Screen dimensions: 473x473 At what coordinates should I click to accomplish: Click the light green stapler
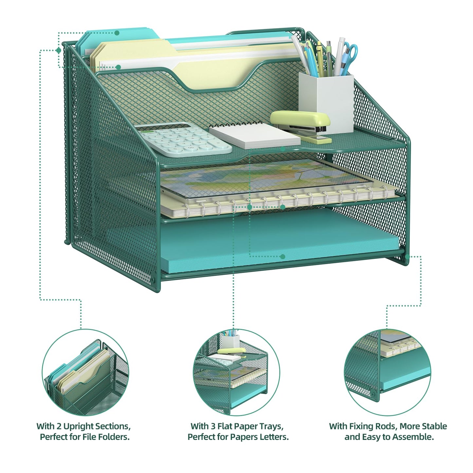(301, 126)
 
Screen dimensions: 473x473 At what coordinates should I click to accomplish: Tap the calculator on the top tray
(183, 139)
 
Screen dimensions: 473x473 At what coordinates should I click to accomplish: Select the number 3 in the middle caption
(213, 427)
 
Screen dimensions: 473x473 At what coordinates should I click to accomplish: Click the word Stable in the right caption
(434, 426)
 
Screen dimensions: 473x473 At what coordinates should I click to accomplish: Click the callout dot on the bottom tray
(283, 257)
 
